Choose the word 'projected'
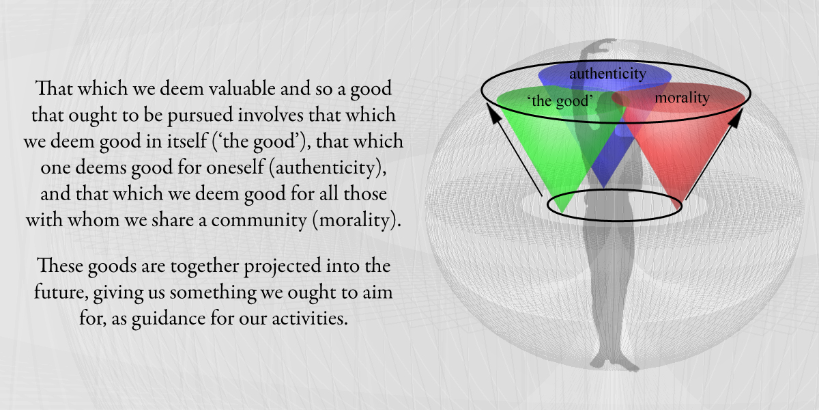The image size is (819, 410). coord(283,266)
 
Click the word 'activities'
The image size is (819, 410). coord(309,318)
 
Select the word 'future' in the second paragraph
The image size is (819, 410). coord(61,292)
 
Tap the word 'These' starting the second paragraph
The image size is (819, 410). coord(60,265)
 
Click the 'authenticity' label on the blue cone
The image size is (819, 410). coord(607,74)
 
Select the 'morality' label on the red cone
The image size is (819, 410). coord(682,98)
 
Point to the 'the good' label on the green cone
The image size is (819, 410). coord(560,100)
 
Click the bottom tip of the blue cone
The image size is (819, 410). coord(603,187)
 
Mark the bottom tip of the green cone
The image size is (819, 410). coord(562,211)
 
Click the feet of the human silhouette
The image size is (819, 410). coord(614,361)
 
